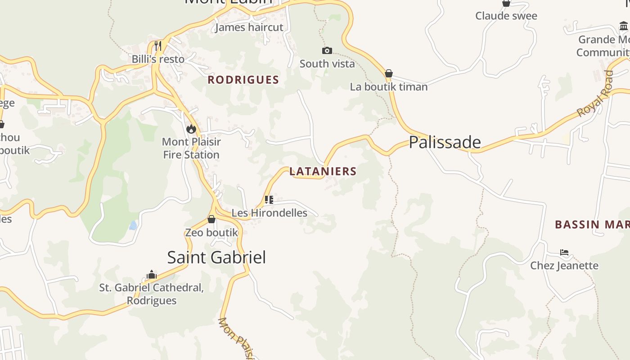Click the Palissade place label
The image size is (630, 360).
tap(445, 142)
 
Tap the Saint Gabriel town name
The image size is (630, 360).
tap(216, 257)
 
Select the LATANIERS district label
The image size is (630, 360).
tap(323, 171)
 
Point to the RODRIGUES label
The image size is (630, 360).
tap(243, 80)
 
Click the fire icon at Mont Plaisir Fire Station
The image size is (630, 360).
tap(191, 129)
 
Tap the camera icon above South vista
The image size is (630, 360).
tap(327, 50)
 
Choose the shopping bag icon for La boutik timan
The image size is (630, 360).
tap(389, 73)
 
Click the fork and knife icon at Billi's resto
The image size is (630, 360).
tap(158, 45)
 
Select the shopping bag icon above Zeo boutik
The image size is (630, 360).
tap(211, 219)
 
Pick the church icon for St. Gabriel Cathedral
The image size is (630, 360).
tap(152, 274)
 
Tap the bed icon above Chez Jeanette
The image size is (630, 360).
tap(564, 252)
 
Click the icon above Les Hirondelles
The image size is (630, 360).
tap(269, 199)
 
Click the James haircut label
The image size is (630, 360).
tap(249, 27)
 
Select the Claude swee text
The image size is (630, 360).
tap(506, 16)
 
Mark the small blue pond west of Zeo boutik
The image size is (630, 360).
tap(133, 225)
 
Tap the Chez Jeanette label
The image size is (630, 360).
tap(564, 265)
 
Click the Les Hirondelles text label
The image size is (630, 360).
tap(269, 213)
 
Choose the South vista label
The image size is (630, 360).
tap(327, 63)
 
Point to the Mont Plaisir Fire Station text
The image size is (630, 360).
tap(191, 148)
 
